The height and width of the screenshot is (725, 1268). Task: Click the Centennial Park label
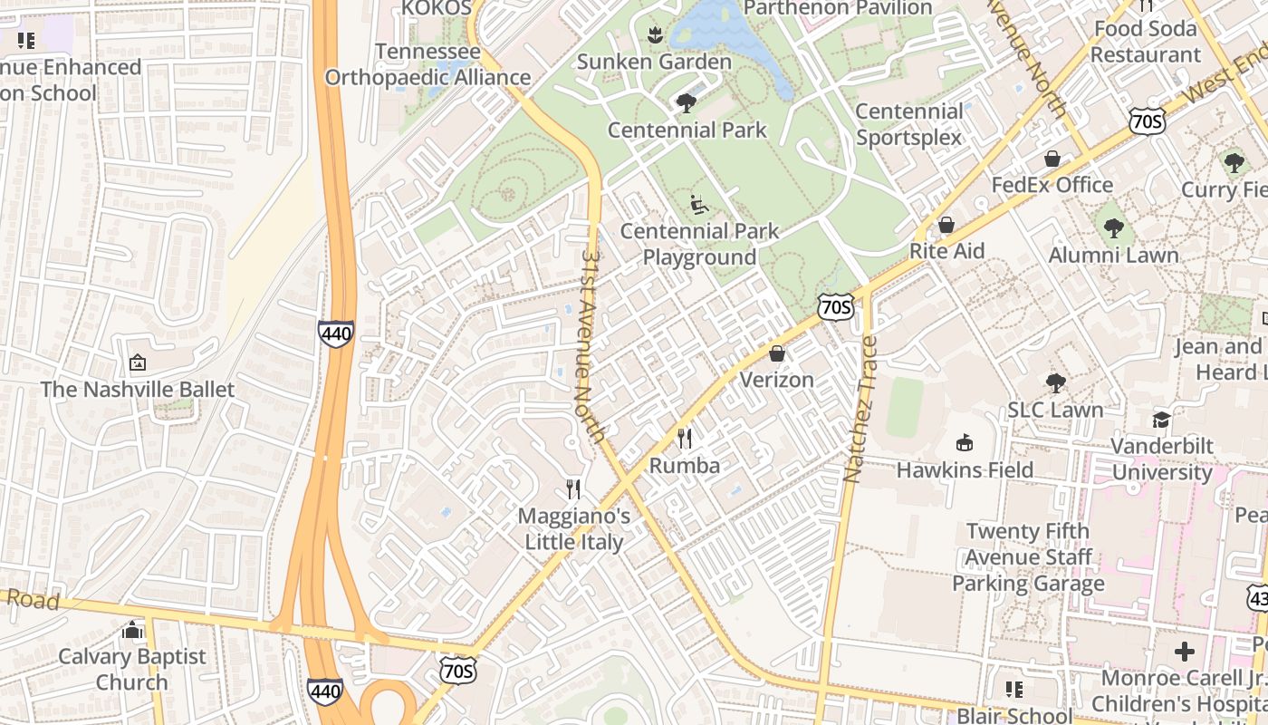coord(687,130)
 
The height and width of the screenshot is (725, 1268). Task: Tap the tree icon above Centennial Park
coord(687,102)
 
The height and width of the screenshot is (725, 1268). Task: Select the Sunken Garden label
coord(654,63)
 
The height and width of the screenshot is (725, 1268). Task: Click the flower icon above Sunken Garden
coord(654,35)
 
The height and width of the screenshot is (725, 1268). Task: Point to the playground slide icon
coord(698,205)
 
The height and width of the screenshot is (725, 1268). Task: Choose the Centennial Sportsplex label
coord(909,124)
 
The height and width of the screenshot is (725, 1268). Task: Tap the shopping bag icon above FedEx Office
coord(1052,159)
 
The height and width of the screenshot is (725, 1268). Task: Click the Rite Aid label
coord(946,251)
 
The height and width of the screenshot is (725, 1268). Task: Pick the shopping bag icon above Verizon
coord(777,353)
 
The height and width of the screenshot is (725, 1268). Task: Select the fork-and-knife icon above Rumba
coord(685,440)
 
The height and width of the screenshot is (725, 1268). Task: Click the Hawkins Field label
coord(965,470)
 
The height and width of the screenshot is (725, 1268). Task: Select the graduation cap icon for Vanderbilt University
coord(1161,420)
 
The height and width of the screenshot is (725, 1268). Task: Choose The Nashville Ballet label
coord(138,390)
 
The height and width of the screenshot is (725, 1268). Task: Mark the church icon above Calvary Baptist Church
coord(133,630)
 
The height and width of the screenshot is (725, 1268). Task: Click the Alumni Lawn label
coord(1113,256)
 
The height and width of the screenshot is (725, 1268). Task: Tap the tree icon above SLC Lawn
coord(1055,382)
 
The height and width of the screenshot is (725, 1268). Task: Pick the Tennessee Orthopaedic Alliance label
coord(427,64)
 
